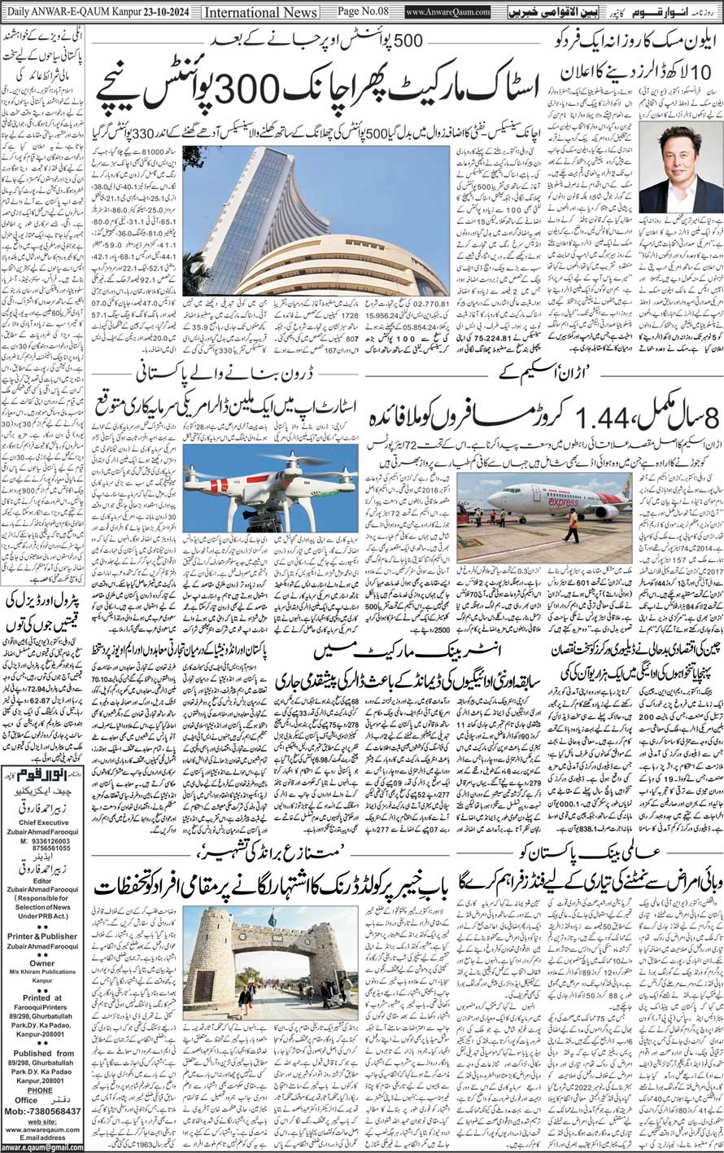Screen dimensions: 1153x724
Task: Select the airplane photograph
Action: pyautogui.click(x=544, y=506)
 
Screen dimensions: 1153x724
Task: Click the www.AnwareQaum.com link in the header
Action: pyautogui.click(x=451, y=12)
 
